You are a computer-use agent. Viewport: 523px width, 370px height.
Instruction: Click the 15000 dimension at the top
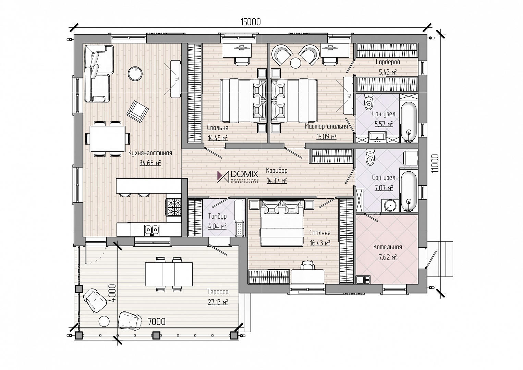point(251,22)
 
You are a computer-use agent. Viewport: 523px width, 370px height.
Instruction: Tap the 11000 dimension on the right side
point(435,163)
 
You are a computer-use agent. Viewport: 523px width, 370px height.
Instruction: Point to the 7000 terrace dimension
point(156,322)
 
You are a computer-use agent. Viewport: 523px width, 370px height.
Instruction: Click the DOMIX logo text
point(244,174)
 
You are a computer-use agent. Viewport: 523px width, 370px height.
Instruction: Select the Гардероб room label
point(388,62)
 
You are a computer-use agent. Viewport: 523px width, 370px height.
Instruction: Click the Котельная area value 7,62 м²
point(388,257)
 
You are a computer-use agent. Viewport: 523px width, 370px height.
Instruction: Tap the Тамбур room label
point(217,217)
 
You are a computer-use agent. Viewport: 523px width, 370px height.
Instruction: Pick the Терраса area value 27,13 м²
point(218,302)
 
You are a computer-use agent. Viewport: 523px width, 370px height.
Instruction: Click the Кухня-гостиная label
point(150,153)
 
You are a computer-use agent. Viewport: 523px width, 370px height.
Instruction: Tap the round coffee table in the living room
point(135,74)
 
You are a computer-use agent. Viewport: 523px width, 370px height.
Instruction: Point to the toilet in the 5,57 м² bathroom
point(369,102)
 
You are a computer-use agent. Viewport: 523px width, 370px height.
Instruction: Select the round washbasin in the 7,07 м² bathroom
point(389,206)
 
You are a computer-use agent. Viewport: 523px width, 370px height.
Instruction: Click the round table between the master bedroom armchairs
point(295,63)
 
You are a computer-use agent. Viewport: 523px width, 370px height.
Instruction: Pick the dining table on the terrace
point(169,274)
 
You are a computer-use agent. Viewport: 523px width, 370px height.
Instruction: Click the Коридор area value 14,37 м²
point(277,181)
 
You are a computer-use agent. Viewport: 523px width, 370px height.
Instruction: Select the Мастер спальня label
point(326,127)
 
